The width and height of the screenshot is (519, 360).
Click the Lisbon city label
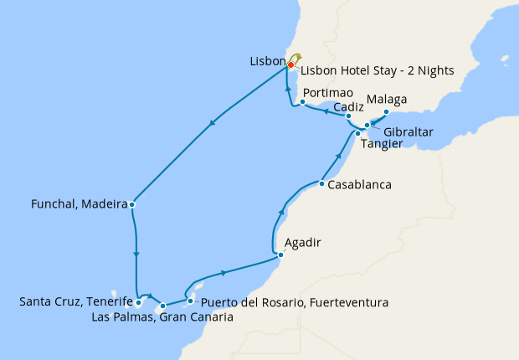(x=267, y=62)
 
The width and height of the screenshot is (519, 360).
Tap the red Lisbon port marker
(x=290, y=64)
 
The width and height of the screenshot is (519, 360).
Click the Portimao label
(x=325, y=92)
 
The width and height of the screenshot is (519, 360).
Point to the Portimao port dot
(x=302, y=102)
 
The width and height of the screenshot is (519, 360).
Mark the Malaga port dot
(x=386, y=111)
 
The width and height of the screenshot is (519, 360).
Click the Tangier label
(x=381, y=144)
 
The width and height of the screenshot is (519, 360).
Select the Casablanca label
(x=361, y=184)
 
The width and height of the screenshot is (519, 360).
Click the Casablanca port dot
(x=321, y=183)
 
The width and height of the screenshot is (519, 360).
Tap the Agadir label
(x=303, y=244)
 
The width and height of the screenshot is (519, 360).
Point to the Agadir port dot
(x=281, y=255)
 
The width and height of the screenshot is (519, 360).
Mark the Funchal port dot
(x=132, y=204)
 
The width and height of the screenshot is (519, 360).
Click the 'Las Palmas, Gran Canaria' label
(x=162, y=317)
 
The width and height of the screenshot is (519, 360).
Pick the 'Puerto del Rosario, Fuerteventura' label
(x=295, y=301)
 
